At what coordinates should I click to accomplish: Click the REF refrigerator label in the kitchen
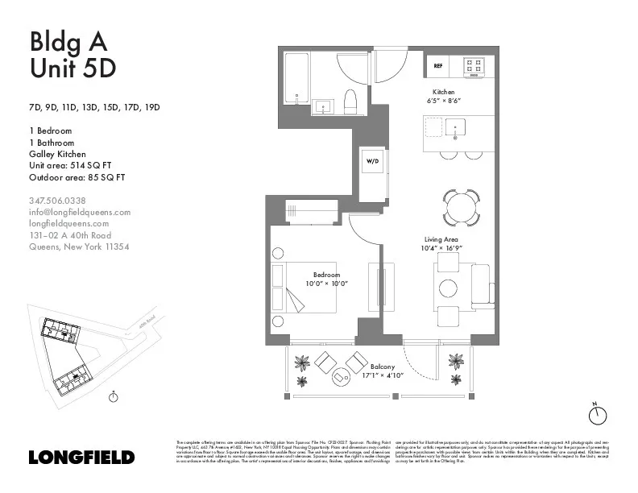[438, 64]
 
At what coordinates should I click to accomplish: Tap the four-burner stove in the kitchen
[474, 65]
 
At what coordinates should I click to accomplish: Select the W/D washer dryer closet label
[374, 161]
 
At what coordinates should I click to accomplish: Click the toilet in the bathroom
[350, 103]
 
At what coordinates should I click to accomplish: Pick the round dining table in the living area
[462, 206]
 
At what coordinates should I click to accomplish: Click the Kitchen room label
[444, 92]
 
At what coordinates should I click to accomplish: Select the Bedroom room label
[327, 275]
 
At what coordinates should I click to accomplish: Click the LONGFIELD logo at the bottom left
[81, 458]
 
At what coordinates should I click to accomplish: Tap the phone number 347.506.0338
[57, 201]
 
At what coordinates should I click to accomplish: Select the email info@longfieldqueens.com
[79, 212]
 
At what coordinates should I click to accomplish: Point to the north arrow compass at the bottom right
[596, 415]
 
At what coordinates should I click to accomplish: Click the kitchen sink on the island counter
[456, 126]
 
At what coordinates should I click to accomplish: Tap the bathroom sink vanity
[326, 106]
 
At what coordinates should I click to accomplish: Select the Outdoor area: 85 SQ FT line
[77, 177]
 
